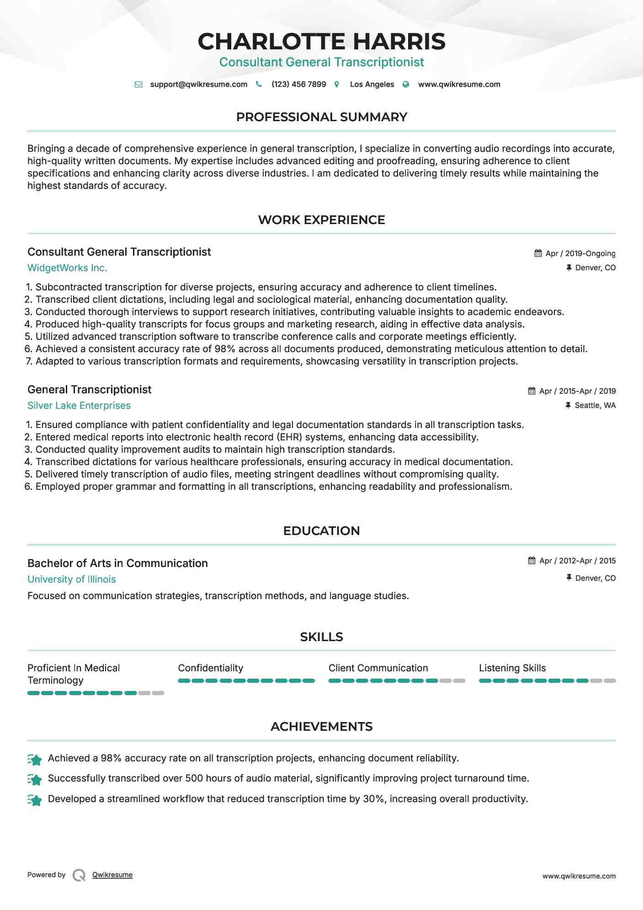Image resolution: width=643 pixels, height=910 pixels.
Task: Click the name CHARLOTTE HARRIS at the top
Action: click(x=321, y=42)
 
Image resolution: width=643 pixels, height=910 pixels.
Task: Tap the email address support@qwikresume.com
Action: click(x=198, y=84)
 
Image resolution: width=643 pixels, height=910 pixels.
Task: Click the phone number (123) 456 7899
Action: click(x=298, y=84)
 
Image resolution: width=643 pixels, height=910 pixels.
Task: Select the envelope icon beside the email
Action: click(x=138, y=84)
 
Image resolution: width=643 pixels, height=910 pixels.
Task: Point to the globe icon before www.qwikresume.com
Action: click(x=406, y=84)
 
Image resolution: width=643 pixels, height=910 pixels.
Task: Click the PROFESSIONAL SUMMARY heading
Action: click(x=321, y=117)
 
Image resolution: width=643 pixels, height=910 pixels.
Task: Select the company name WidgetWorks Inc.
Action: click(x=67, y=268)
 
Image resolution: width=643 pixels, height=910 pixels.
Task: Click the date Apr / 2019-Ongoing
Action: click(x=580, y=253)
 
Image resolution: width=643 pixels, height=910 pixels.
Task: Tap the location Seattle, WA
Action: click(x=595, y=405)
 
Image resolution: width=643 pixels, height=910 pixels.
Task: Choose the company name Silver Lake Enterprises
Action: click(x=79, y=406)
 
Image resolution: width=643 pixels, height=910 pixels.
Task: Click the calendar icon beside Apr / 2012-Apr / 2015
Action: click(x=531, y=561)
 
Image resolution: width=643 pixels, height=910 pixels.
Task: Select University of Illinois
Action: click(x=72, y=579)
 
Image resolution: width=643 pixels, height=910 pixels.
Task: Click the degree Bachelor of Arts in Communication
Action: click(x=117, y=563)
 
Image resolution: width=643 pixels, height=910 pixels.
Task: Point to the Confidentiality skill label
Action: click(x=210, y=668)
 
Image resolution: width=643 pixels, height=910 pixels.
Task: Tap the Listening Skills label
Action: click(x=512, y=668)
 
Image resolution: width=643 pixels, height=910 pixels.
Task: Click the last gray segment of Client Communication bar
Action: click(x=459, y=681)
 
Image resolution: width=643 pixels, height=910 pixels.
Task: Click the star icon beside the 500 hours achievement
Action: click(x=35, y=779)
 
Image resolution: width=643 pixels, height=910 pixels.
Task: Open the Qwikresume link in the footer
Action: click(x=112, y=875)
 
